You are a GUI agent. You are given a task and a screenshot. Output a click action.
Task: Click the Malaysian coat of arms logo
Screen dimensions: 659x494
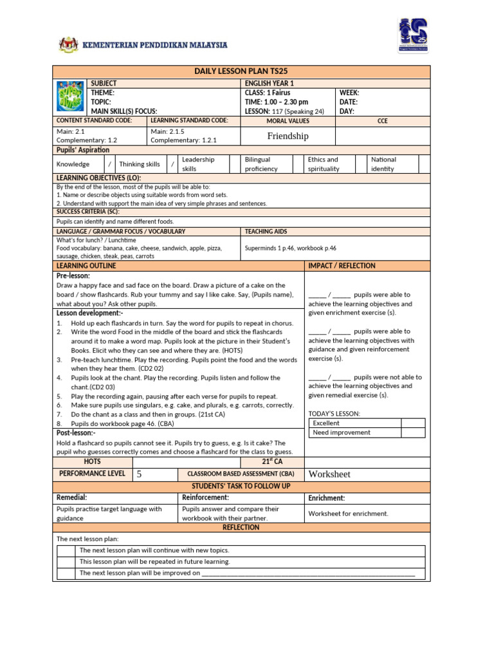67,45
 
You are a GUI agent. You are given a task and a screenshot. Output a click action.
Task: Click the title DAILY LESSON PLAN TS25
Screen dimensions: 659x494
241,71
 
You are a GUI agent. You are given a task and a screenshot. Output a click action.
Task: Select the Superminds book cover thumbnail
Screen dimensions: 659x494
69,97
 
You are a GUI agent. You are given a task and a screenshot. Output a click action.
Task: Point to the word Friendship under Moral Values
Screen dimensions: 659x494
288,136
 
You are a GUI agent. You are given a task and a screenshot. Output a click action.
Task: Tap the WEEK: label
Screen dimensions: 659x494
349,93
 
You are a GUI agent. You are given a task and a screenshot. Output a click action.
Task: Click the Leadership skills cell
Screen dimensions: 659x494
198,164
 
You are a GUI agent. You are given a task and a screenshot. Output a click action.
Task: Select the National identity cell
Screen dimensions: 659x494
384,164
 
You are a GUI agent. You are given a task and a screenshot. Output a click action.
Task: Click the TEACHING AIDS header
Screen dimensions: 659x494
266,231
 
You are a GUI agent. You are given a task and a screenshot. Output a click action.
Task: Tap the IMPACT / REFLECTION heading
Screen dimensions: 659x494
342,266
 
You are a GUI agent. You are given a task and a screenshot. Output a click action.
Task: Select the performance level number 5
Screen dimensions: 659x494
139,474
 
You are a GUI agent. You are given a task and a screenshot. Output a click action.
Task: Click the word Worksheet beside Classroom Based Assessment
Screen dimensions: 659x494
330,474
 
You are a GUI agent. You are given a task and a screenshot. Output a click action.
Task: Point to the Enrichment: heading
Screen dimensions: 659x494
326,498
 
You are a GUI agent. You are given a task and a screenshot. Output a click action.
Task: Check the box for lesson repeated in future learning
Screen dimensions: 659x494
67,562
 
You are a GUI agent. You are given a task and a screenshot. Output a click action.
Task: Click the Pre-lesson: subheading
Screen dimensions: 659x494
73,275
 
